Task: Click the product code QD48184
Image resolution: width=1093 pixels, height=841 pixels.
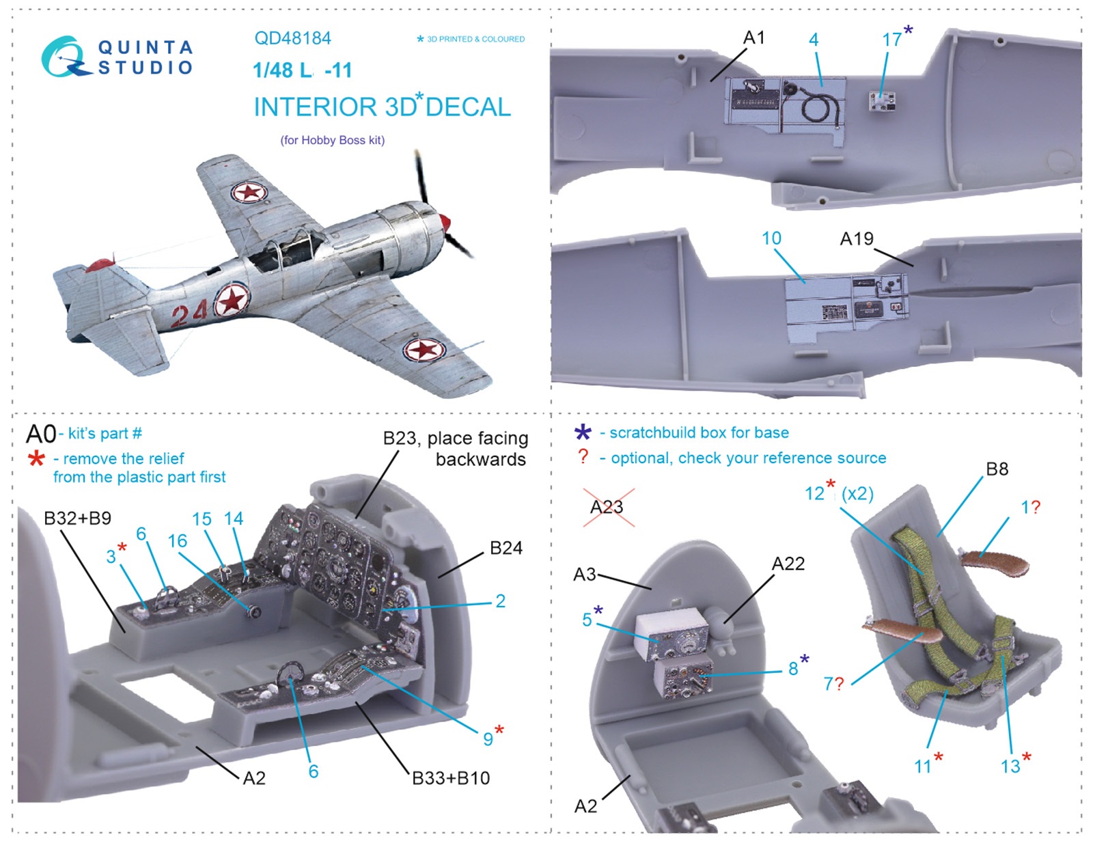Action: pyautogui.click(x=292, y=38)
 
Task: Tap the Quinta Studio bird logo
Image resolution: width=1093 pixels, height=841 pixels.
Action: pyautogui.click(x=64, y=57)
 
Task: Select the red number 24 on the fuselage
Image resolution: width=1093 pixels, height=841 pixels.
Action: pyautogui.click(x=189, y=314)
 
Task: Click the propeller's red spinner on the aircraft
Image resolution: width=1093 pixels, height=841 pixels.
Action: pyautogui.click(x=445, y=222)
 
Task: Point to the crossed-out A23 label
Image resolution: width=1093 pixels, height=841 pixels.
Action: pyautogui.click(x=607, y=508)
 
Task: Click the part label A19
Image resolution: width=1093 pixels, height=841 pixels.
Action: pyautogui.click(x=856, y=239)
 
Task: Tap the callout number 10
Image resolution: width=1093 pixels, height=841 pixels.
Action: pyautogui.click(x=771, y=238)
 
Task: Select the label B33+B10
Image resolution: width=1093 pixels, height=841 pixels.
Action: pyautogui.click(x=451, y=778)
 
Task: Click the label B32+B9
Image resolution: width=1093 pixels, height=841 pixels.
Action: pyautogui.click(x=77, y=519)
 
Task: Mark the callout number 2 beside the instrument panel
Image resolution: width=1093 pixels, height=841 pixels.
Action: pyautogui.click(x=500, y=601)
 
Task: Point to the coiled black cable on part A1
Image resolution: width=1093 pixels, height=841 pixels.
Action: pyautogui.click(x=816, y=106)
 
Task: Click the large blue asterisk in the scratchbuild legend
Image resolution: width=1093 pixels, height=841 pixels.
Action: pyautogui.click(x=583, y=432)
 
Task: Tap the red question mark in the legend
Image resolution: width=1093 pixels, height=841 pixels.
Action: pyautogui.click(x=583, y=456)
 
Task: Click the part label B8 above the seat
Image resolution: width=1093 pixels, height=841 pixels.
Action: pyautogui.click(x=997, y=469)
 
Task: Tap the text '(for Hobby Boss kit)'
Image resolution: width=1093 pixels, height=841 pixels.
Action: pyautogui.click(x=332, y=140)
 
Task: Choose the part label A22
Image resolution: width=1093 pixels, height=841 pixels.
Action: pyautogui.click(x=788, y=564)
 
